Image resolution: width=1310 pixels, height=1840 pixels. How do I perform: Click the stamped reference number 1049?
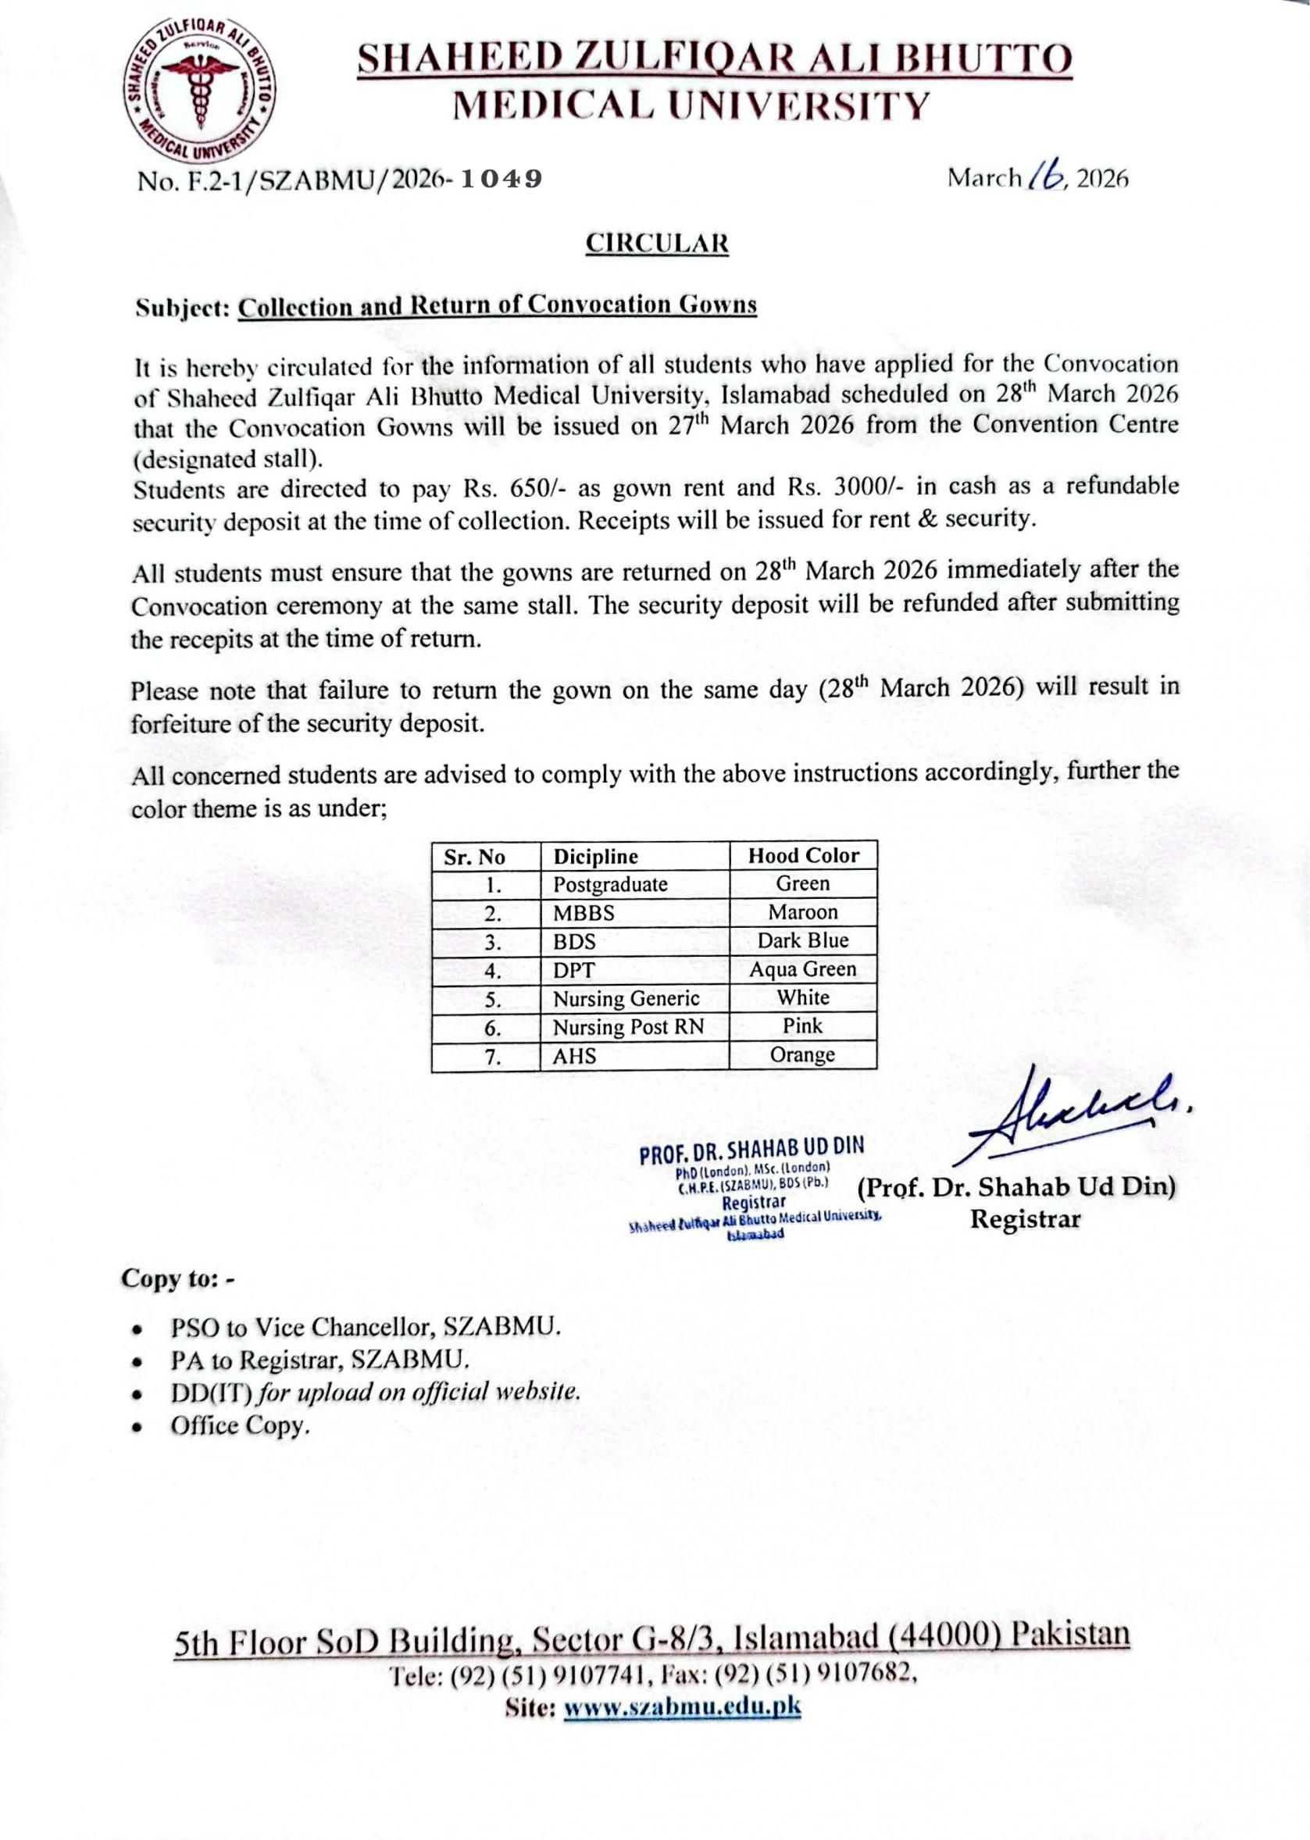click(500, 179)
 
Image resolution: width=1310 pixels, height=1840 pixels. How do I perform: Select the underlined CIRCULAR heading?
click(657, 244)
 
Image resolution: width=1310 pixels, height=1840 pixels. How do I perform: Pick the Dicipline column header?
click(594, 856)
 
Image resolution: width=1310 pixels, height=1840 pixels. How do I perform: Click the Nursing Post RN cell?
click(627, 1027)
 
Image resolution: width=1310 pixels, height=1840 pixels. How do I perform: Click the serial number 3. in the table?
click(494, 943)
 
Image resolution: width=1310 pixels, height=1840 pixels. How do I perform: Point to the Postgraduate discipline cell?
click(610, 885)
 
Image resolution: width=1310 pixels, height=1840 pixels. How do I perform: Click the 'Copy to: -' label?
click(177, 1279)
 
